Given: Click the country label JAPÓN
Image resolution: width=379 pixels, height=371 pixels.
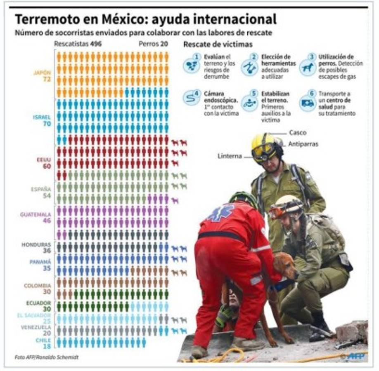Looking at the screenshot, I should coord(42,73).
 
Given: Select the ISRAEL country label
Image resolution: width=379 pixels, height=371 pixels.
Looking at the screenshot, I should coord(42,117).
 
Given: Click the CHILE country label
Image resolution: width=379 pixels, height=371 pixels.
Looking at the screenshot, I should coord(43,341).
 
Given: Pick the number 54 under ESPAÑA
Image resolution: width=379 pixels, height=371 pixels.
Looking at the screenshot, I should coord(46,196).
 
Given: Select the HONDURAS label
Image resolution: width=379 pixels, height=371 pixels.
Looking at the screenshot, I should coord(37,244).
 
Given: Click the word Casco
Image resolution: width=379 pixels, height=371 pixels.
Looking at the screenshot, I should coord(297,133).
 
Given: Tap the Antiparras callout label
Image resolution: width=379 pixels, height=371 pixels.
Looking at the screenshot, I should coord(303,144).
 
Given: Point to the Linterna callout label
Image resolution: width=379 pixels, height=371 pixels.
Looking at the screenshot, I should coord(230,156).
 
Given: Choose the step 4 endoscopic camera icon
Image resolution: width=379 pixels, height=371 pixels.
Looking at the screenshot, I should coord(191,98).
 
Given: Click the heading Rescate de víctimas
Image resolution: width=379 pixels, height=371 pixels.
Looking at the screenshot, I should coord(218,45).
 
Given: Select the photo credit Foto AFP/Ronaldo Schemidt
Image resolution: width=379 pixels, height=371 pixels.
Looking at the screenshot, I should coord(46,357).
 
